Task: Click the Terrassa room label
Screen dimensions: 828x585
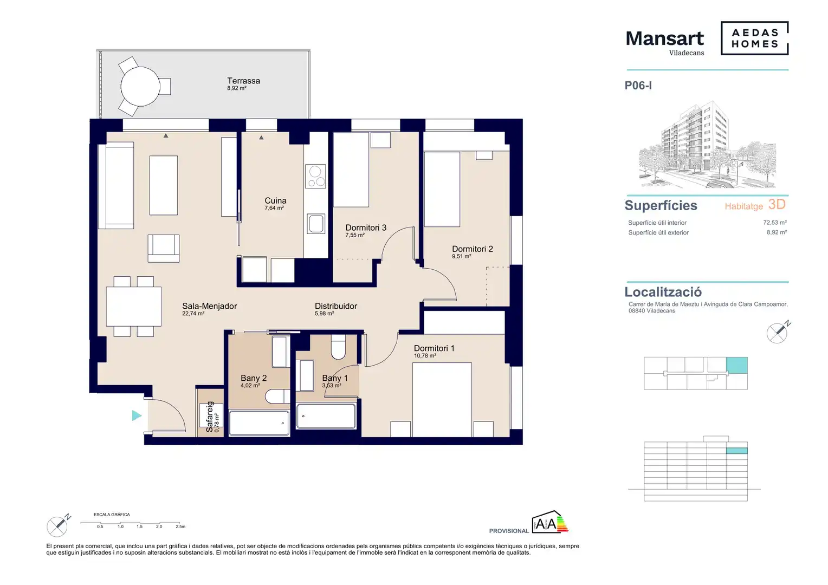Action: pyautogui.click(x=243, y=81)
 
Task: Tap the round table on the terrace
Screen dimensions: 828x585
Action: pyautogui.click(x=140, y=87)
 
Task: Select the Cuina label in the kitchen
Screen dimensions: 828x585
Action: pyautogui.click(x=275, y=200)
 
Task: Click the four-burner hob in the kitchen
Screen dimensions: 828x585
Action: pyautogui.click(x=315, y=176)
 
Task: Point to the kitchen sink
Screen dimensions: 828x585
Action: pyautogui.click(x=316, y=224)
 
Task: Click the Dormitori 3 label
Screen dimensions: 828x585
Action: pyautogui.click(x=366, y=227)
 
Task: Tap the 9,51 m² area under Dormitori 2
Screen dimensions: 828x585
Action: pyautogui.click(x=461, y=256)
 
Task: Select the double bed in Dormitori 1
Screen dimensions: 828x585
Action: pyautogui.click(x=442, y=400)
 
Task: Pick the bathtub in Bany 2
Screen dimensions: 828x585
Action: pyautogui.click(x=259, y=423)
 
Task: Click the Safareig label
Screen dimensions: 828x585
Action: pyautogui.click(x=210, y=417)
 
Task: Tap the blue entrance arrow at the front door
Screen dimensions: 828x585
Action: pyautogui.click(x=137, y=415)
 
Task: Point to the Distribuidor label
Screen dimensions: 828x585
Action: pyautogui.click(x=335, y=306)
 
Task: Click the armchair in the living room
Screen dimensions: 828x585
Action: pyautogui.click(x=164, y=248)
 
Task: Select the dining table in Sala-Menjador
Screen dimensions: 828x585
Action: pyautogui.click(x=133, y=307)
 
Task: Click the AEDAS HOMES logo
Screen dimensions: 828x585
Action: pyautogui.click(x=754, y=38)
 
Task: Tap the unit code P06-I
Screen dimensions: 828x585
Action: pyautogui.click(x=638, y=86)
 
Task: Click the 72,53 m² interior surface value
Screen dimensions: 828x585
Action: pyautogui.click(x=775, y=223)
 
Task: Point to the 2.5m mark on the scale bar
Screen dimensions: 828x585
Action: pyautogui.click(x=180, y=526)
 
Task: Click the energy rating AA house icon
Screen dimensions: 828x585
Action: pyautogui.click(x=549, y=522)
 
